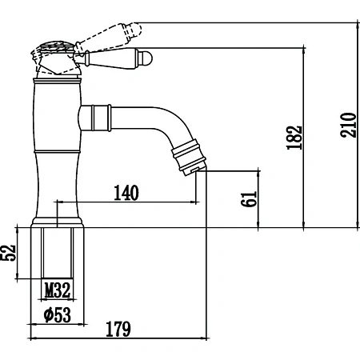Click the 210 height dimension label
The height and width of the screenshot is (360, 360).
tap(349, 125)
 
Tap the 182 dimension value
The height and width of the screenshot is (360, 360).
tap(294, 138)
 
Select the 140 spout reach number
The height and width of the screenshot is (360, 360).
tap(126, 193)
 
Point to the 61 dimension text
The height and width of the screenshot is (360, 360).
tap(249, 199)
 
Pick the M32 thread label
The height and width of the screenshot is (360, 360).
tap(58, 290)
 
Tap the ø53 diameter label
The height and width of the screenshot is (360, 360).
tap(58, 314)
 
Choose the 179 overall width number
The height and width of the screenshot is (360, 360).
tap(118, 329)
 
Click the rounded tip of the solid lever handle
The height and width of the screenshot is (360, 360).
tap(147, 58)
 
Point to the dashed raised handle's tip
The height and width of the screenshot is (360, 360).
tap(137, 29)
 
